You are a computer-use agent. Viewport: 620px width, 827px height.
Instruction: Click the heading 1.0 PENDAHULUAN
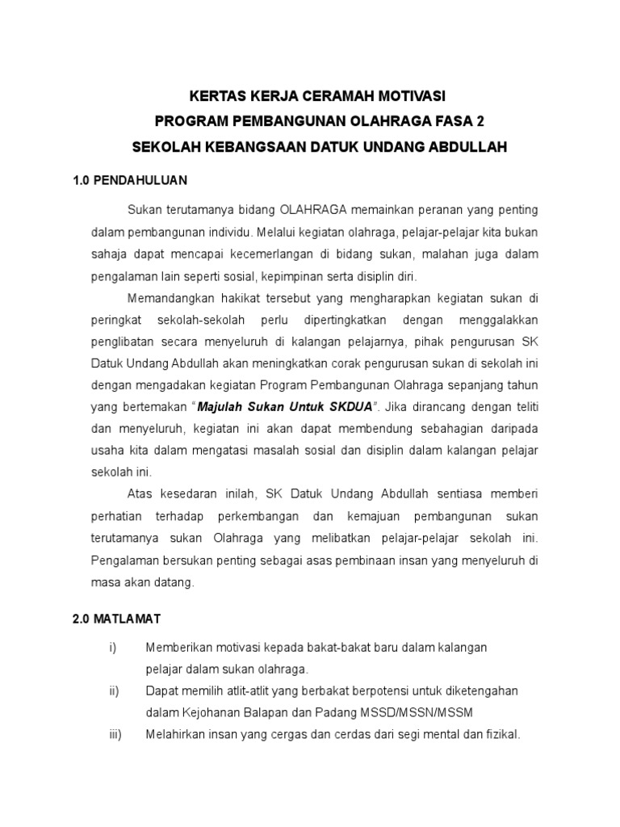tap(129, 180)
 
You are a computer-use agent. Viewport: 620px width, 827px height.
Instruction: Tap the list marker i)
tap(112, 648)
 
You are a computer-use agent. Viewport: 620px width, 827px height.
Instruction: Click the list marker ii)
tap(114, 691)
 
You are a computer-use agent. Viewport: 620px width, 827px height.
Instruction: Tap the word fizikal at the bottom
tap(501, 735)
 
